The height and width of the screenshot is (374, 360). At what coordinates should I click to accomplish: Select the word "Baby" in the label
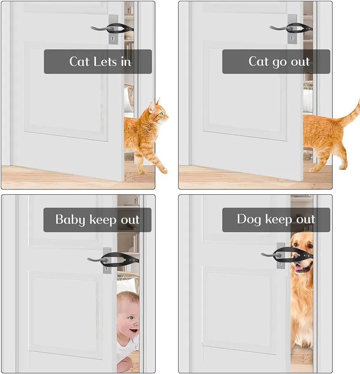click(x=70, y=220)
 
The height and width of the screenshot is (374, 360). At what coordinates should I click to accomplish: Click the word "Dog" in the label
click(x=249, y=219)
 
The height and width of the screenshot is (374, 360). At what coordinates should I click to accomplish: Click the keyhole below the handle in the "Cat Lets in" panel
click(x=112, y=38)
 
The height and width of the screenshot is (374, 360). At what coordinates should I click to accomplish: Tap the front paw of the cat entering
click(x=164, y=171)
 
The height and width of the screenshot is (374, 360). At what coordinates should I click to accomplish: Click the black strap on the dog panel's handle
click(x=298, y=253)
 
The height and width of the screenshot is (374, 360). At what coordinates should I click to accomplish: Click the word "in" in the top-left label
click(x=126, y=62)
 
